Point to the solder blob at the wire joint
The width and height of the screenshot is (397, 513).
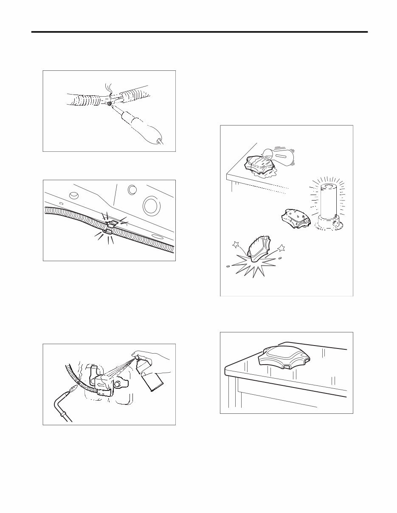(x=109, y=103)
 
